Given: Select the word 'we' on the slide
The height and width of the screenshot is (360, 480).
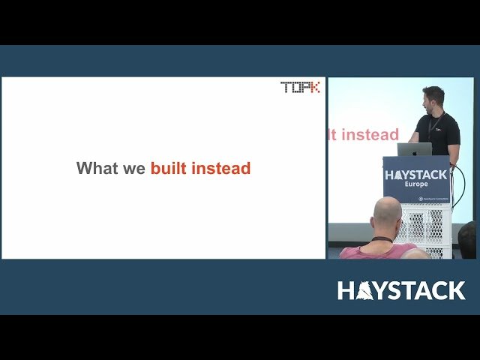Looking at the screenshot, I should tap(135, 169).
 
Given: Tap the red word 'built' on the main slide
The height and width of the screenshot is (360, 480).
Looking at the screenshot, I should tap(169, 168).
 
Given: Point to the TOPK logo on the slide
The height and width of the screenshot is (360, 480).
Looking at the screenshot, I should tap(300, 87).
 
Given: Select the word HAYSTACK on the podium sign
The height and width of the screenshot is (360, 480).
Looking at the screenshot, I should tap(415, 175).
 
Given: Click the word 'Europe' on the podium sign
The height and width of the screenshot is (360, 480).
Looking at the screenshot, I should tap(416, 184).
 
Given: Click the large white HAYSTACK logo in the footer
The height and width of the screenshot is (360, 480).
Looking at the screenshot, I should tap(401, 290).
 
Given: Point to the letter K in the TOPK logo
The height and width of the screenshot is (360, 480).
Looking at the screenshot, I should tap(313, 87).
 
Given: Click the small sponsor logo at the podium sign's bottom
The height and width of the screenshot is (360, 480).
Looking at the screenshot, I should tap(430, 199).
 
